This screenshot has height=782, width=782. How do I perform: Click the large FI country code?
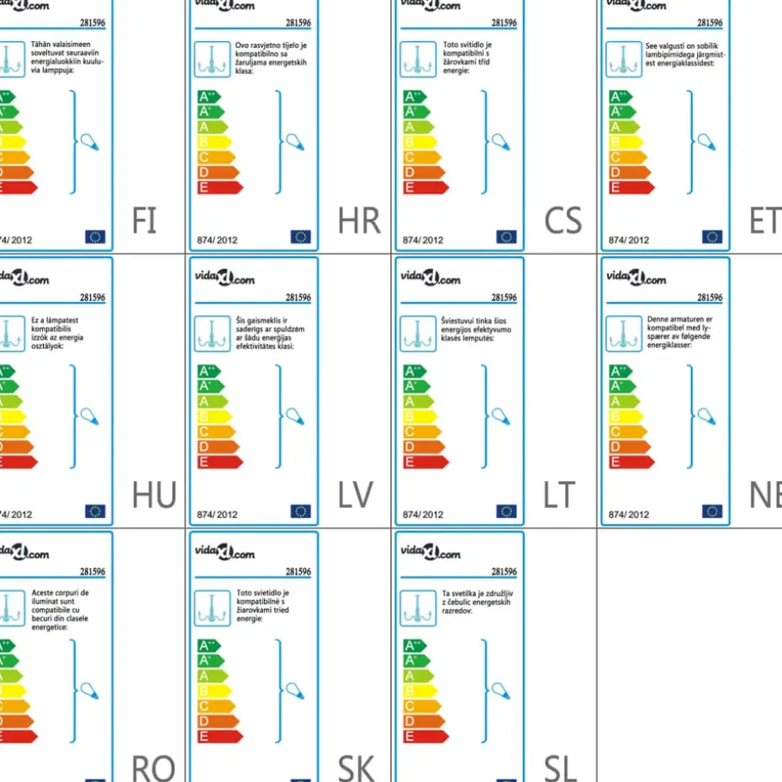145,220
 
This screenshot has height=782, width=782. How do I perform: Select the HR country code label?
359,220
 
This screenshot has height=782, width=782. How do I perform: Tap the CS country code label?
563,220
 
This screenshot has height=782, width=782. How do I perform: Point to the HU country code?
154,495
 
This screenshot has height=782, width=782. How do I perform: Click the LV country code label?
355,495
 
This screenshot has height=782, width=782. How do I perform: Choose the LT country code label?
559,495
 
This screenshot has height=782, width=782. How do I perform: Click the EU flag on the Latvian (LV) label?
301,511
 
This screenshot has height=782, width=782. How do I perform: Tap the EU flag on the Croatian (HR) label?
301,237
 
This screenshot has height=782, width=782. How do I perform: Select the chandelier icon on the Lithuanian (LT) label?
417,334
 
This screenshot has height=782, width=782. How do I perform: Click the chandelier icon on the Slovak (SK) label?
212,608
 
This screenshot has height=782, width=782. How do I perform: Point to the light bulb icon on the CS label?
501,142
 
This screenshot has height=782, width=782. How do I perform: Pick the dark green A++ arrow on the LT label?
414,371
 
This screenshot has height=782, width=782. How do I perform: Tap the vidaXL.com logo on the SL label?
430,552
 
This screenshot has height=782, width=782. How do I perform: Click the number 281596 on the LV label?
298,298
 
